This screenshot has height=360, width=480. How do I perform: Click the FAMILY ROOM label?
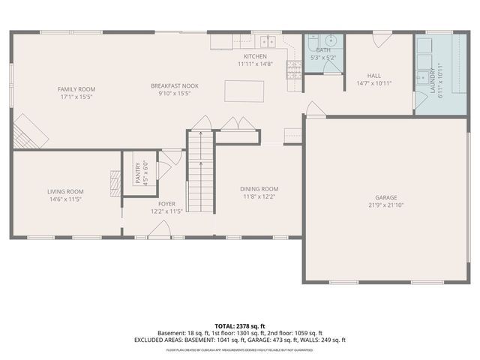(x=76, y=89)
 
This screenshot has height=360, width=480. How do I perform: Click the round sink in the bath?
(x=331, y=41)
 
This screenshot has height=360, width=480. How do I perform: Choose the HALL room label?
(x=373, y=76)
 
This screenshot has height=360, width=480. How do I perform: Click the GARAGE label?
(x=386, y=197)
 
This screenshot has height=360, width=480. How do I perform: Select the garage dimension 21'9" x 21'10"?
(x=386, y=205)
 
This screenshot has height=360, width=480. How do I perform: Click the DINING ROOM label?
(x=259, y=188)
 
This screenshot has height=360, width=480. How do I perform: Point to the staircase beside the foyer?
(x=199, y=171)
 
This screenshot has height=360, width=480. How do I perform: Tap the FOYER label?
(x=166, y=203)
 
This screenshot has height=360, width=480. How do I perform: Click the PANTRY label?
(x=137, y=174)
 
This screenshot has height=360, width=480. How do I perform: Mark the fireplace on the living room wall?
(x=115, y=183)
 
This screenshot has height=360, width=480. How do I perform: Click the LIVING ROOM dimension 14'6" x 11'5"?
(x=66, y=199)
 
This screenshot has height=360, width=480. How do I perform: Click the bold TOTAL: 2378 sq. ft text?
(x=240, y=325)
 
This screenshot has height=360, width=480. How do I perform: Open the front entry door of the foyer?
(x=157, y=231)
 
